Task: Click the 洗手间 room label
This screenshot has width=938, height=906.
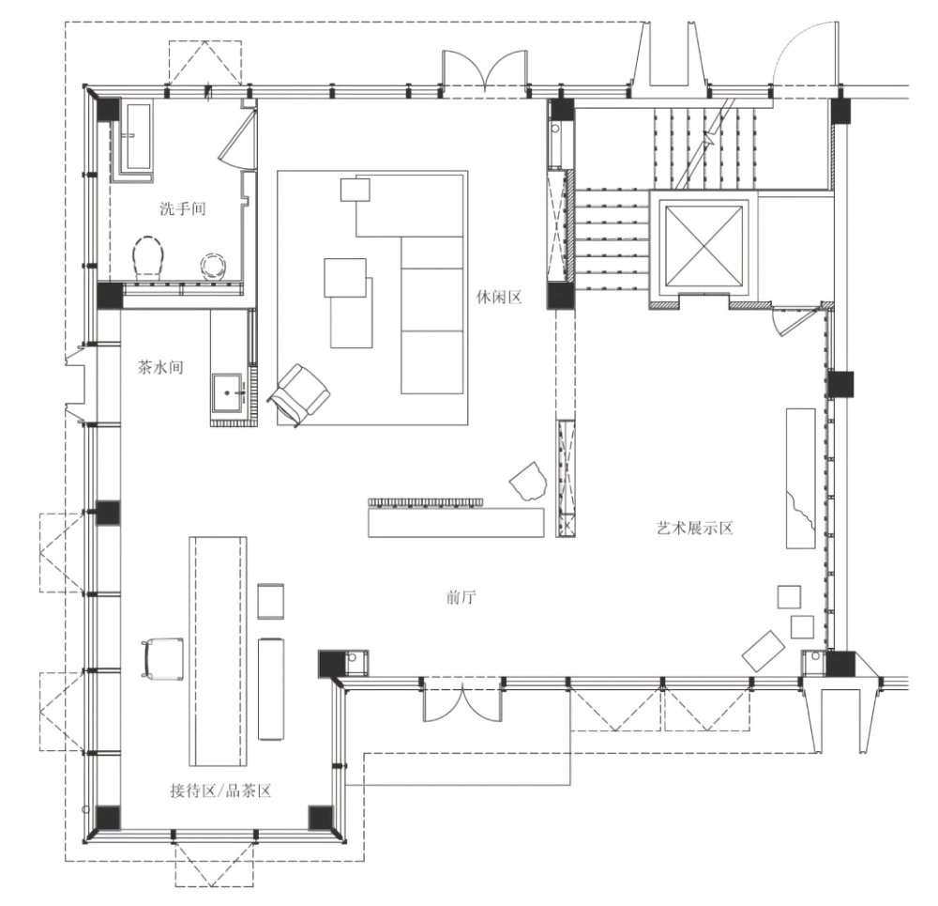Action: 183,208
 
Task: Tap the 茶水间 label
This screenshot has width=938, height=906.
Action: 160,367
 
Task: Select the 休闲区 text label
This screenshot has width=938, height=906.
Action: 500,297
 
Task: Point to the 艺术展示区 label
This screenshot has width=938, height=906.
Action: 694,528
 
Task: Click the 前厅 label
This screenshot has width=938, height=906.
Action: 461,597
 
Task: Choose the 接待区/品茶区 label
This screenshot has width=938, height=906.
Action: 220,791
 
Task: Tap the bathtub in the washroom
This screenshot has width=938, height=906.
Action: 138,136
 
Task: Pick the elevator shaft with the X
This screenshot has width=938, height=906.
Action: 703,246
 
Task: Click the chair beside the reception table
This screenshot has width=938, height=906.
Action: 161,658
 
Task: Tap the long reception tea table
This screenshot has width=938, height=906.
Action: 218,651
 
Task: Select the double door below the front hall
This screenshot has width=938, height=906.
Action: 461,700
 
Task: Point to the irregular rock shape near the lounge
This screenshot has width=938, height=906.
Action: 528,481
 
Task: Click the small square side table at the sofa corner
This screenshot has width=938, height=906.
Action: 356,190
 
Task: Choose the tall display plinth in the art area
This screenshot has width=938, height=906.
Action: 800,478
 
